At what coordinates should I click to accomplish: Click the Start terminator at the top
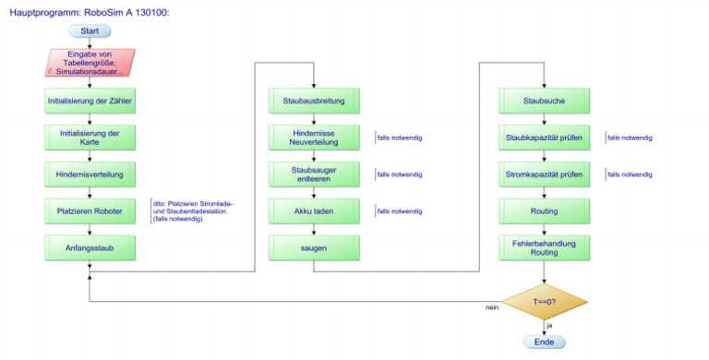[x=90, y=31]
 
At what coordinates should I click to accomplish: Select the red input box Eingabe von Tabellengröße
[x=90, y=63]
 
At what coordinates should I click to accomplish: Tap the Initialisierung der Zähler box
[x=90, y=100]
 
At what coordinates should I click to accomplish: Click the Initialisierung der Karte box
[x=90, y=137]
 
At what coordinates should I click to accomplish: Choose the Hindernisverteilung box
[x=90, y=174]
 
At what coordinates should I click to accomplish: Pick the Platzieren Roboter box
[x=90, y=210]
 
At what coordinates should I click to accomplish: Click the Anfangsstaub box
[x=90, y=246]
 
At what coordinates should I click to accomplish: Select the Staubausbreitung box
[x=313, y=100]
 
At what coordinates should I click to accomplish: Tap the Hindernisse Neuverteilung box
[x=313, y=137]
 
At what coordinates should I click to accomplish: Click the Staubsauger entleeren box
[x=313, y=174]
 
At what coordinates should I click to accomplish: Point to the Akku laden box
[x=313, y=210]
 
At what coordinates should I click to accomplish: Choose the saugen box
[x=313, y=246]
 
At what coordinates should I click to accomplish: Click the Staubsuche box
[x=544, y=100]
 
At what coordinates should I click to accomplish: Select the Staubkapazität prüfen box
[x=544, y=138]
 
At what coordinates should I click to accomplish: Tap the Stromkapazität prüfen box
[x=544, y=174]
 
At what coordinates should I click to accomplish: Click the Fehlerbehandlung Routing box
[x=544, y=246]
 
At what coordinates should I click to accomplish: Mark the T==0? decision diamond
[x=544, y=300]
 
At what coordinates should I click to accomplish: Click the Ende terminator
[x=544, y=342]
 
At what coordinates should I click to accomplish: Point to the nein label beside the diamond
[x=492, y=306]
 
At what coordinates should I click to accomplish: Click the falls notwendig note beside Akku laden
[x=400, y=211]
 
